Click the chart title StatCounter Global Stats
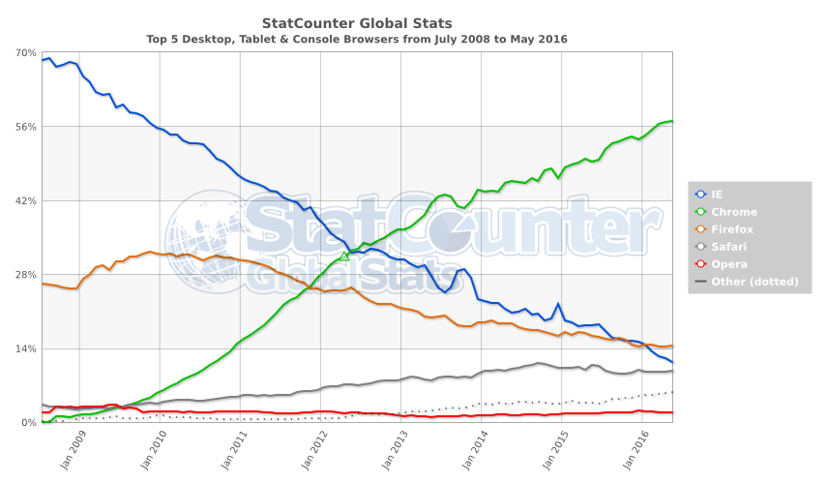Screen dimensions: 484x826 [x=357, y=22]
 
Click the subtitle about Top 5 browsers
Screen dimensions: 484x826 [x=357, y=40]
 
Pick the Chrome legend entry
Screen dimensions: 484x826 [x=733, y=212]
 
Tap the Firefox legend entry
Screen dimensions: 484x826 [x=731, y=229]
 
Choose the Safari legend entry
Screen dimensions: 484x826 [x=729, y=247]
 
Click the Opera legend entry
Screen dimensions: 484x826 [x=728, y=264]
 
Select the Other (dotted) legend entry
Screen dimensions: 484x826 [x=752, y=282]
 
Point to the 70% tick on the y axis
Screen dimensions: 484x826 [x=26, y=53]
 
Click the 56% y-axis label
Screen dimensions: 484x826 [x=26, y=127]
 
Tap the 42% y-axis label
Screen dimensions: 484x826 [x=26, y=201]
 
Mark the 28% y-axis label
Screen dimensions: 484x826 [x=26, y=275]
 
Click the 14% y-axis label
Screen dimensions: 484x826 [x=26, y=348]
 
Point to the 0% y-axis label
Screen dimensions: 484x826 [x=29, y=423]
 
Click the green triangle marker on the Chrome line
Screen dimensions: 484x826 [x=344, y=256]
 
